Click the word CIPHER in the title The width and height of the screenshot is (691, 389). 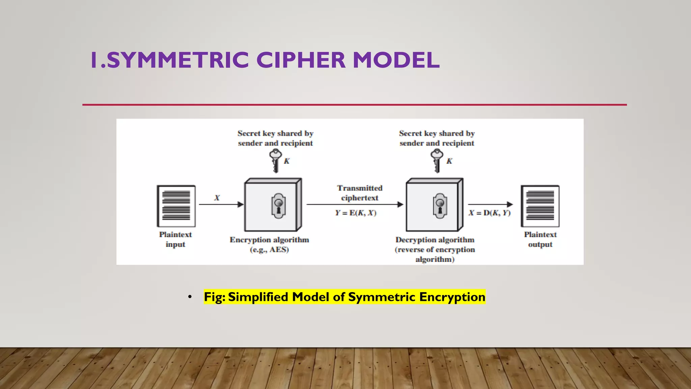301,60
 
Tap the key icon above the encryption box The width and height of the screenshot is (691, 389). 275,161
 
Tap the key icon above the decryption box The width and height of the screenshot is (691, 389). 437,161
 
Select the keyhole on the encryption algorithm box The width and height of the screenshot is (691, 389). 279,206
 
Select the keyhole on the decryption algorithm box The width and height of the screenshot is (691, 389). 440,206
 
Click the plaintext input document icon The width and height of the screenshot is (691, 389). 176,206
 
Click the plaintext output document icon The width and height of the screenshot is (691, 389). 540,206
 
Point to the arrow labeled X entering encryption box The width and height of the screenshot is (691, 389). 221,204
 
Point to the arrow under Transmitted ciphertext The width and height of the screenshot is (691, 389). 354,204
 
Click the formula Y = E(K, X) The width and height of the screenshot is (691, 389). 356,213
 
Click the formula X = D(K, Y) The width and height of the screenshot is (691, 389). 490,213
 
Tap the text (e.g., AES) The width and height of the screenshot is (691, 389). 269,250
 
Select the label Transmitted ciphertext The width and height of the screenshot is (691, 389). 360,193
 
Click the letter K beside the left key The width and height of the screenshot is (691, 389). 287,161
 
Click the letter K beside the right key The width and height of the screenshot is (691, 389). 449,161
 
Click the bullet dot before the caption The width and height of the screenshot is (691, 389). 190,297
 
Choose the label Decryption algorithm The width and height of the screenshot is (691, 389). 435,240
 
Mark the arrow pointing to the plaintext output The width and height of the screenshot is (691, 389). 490,204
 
